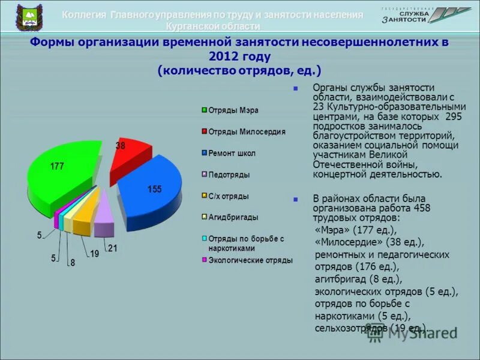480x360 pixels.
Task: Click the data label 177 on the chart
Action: (x=57, y=166)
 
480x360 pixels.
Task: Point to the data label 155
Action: (x=154, y=190)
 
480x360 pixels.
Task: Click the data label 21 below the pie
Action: (x=113, y=248)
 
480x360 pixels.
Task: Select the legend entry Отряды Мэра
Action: (x=233, y=110)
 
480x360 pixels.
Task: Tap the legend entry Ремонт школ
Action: (x=232, y=153)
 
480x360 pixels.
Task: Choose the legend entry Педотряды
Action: (x=229, y=175)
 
